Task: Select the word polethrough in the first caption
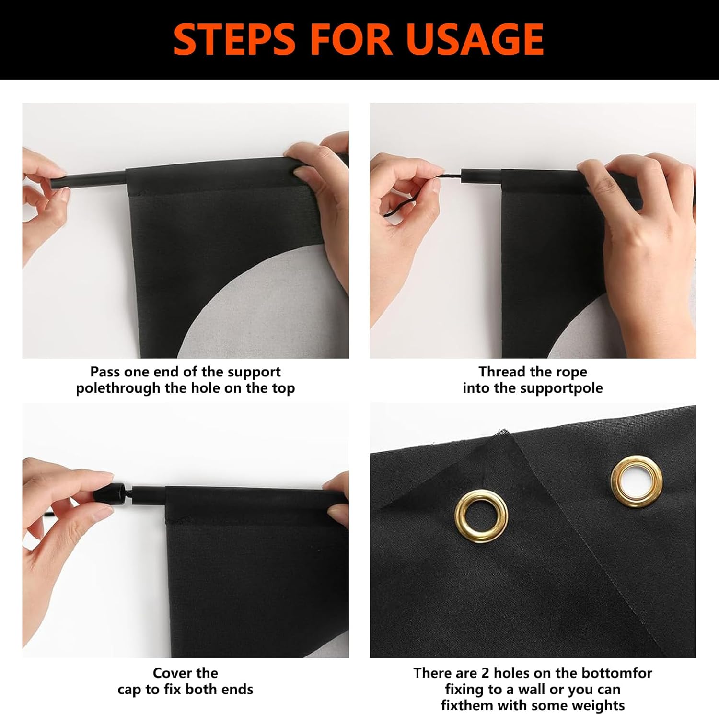pyautogui.click(x=118, y=388)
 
